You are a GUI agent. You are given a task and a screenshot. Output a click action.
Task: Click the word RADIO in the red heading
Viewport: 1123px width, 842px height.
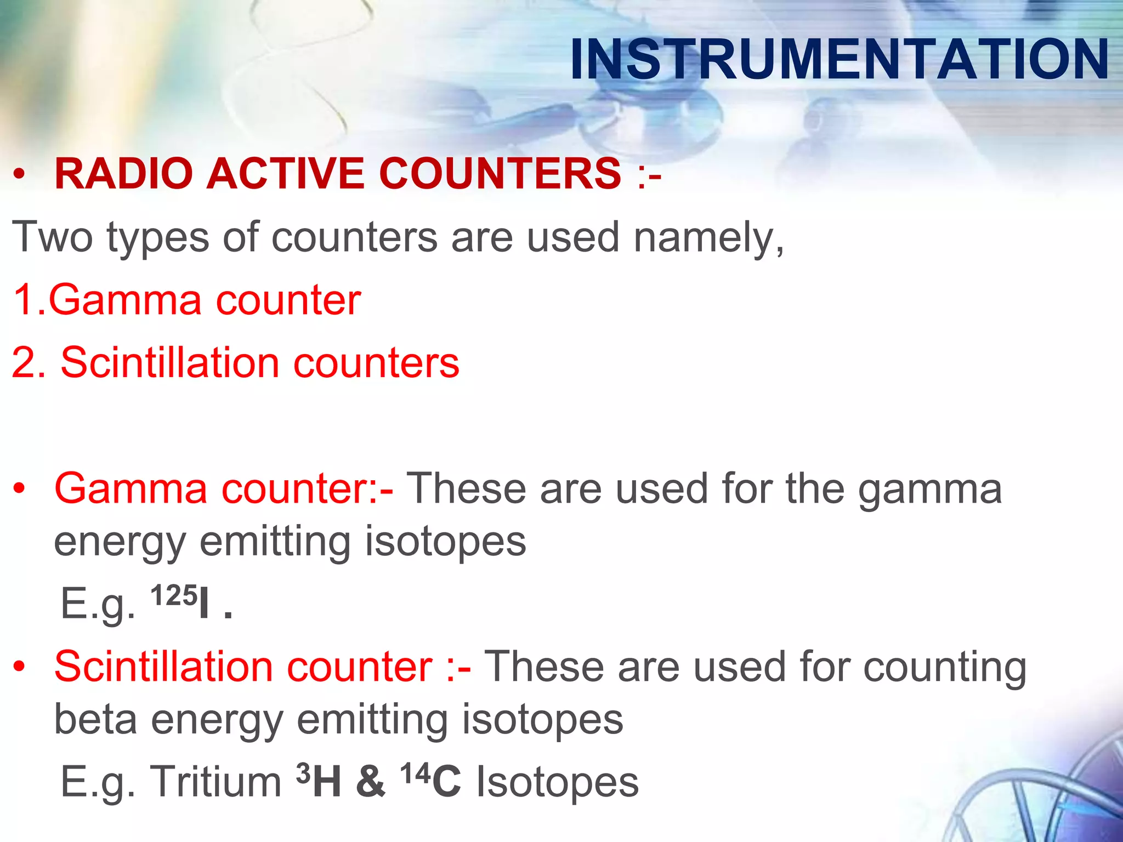coord(123,174)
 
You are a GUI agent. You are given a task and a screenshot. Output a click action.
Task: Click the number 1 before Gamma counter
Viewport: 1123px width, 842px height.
coord(25,300)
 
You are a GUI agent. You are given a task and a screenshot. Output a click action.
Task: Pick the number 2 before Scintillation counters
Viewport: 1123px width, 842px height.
coord(25,363)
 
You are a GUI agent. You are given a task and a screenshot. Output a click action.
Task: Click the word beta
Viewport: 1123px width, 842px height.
coord(96,719)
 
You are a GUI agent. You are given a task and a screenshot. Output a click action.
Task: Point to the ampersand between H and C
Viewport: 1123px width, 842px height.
coord(370,782)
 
